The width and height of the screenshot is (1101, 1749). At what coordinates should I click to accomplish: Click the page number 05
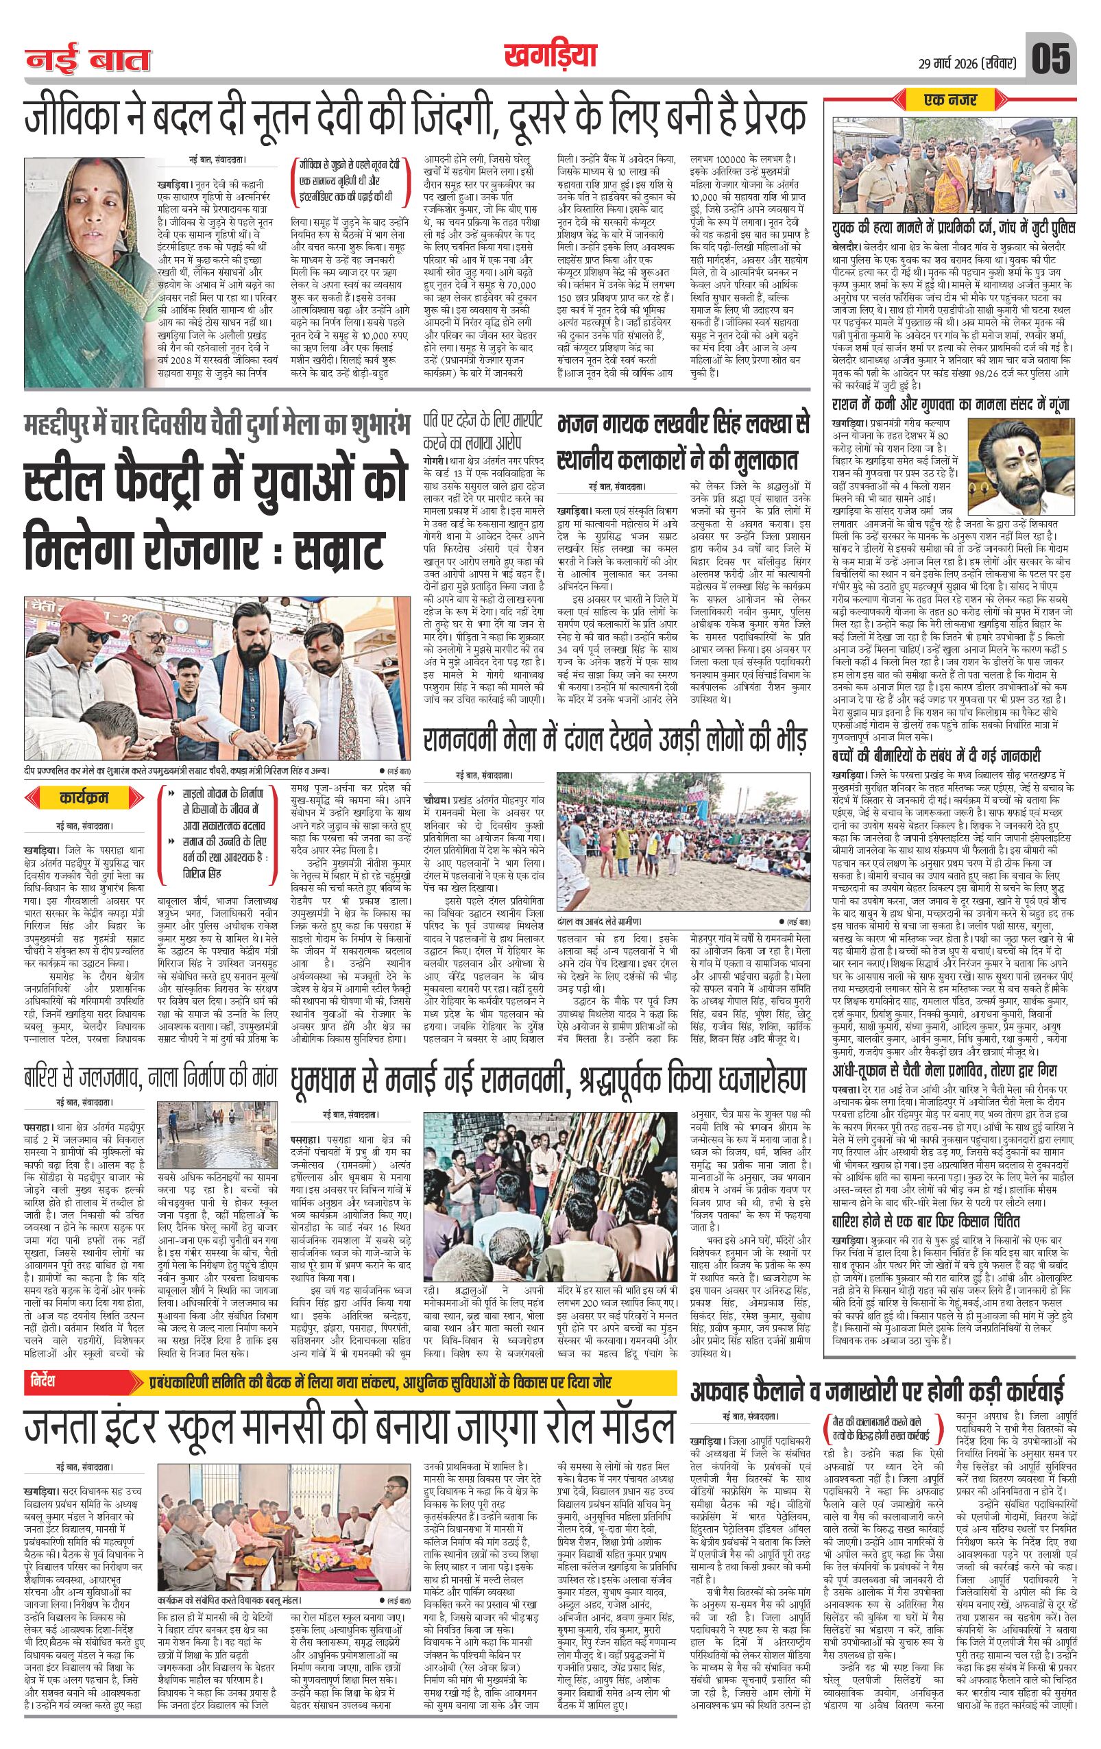[x=1051, y=59]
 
